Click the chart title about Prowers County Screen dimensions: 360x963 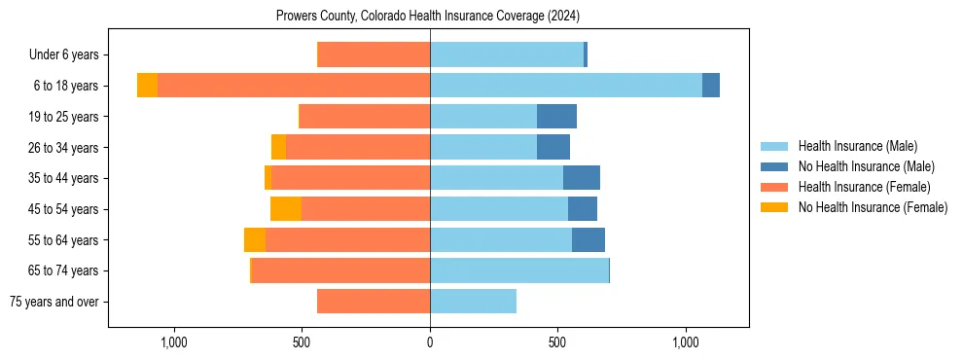click(x=428, y=16)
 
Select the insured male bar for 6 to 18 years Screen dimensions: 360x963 click(x=565, y=86)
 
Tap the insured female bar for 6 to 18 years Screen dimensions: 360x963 click(x=293, y=86)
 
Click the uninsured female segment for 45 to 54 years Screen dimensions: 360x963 click(x=286, y=209)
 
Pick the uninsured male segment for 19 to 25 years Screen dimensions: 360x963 click(x=556, y=117)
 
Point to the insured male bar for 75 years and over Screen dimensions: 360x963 click(x=473, y=302)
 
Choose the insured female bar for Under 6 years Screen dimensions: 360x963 click(x=374, y=54)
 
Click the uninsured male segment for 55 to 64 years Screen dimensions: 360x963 click(x=588, y=240)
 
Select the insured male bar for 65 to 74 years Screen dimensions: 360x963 click(x=519, y=270)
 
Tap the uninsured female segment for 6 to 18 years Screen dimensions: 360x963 click(x=147, y=86)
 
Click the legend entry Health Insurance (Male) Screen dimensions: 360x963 click(x=857, y=146)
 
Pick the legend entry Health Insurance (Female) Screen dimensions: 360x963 click(x=864, y=187)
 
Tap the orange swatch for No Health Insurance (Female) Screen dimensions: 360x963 click(x=775, y=207)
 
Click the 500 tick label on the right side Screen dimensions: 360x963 click(x=557, y=342)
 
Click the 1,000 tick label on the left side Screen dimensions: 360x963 click(x=173, y=342)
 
